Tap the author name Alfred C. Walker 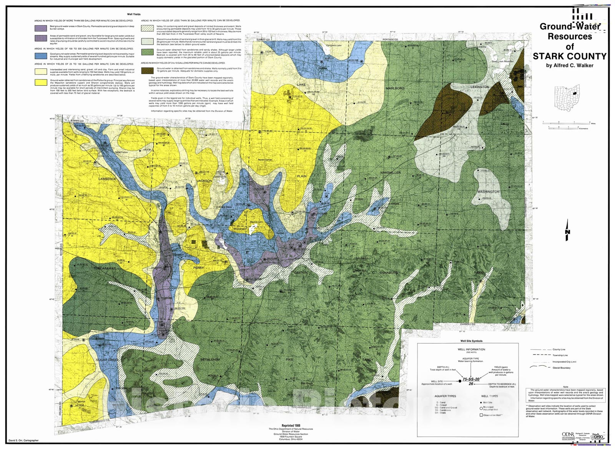570,65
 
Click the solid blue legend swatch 41,55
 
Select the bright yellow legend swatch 41,82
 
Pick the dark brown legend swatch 147,70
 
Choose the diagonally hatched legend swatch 147,28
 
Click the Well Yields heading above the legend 134,14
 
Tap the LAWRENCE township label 107,179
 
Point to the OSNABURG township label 389,273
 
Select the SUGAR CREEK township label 107,360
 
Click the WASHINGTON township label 489,192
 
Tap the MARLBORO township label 395,88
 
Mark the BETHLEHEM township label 210,360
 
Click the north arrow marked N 567,231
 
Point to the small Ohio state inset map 567,98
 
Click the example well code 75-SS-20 471,379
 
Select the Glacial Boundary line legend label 561,368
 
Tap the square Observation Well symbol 481,415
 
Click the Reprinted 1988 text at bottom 291,426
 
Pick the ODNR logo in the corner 567,434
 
